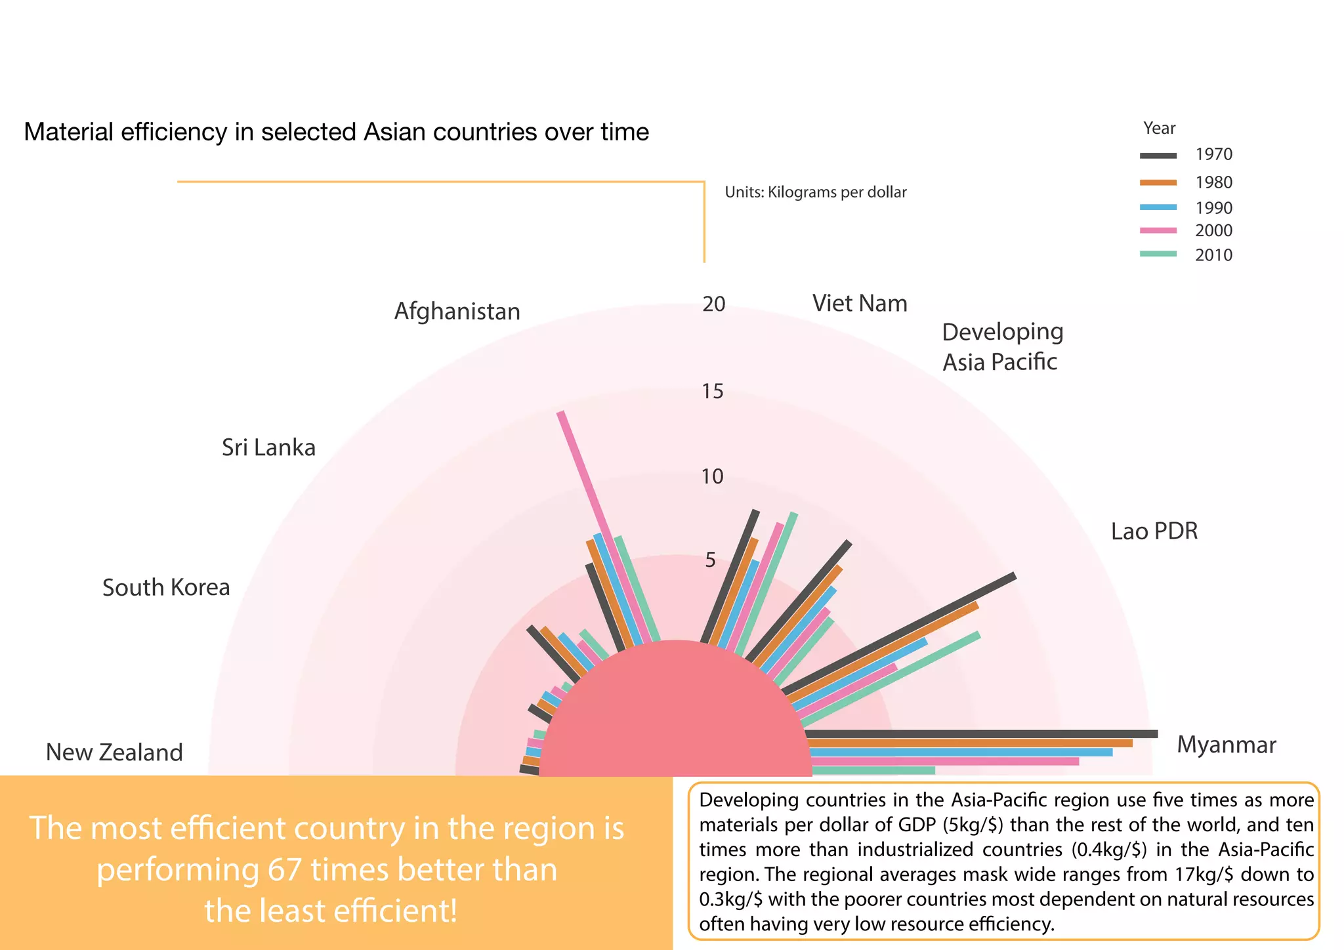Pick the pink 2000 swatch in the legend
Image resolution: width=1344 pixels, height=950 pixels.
[x=1158, y=230]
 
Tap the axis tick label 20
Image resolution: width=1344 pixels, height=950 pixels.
[x=713, y=304]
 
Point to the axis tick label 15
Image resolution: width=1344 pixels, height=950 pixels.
[x=712, y=392]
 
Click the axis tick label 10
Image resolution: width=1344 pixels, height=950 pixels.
[x=712, y=477]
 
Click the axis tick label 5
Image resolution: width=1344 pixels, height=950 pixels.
[x=710, y=560]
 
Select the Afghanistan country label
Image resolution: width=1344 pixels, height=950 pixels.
[x=457, y=312]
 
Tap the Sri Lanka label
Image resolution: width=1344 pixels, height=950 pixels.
[x=268, y=448]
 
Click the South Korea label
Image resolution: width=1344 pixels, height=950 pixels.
[x=166, y=588]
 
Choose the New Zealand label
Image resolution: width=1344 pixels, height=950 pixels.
[x=114, y=753]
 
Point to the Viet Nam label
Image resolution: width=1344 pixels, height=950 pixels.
[x=860, y=304]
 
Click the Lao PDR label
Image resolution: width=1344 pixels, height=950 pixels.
[x=1154, y=531]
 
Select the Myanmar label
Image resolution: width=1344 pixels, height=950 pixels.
[x=1226, y=745]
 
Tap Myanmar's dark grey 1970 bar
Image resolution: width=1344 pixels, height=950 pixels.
[x=984, y=734]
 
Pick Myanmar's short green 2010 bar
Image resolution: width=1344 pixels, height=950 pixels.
[x=873, y=770]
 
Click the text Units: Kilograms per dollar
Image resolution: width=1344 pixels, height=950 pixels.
[x=815, y=192]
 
